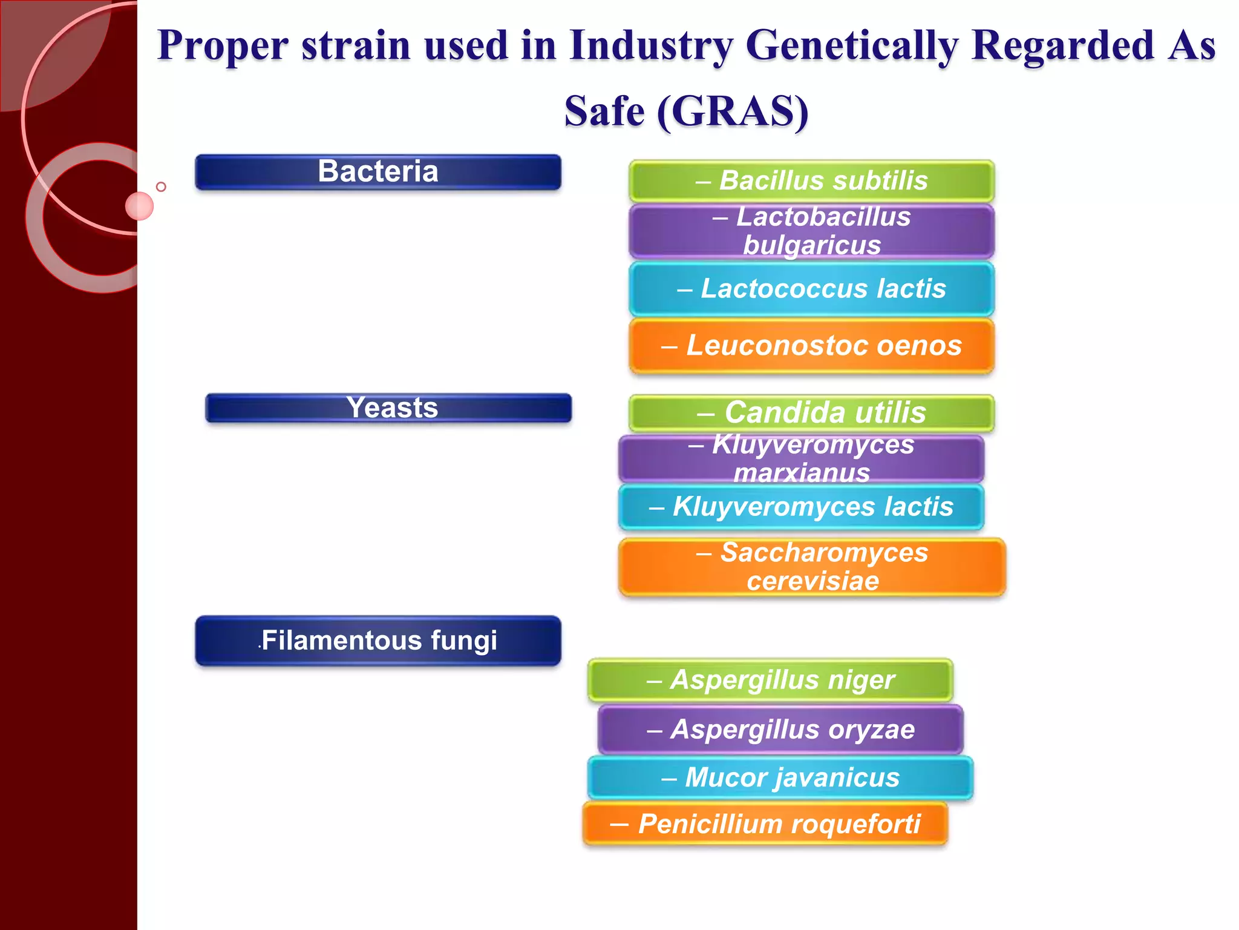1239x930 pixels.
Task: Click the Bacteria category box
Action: (378, 172)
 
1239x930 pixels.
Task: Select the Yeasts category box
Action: (388, 407)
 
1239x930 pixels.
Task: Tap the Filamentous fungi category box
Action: (378, 641)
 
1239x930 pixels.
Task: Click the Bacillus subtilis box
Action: (811, 180)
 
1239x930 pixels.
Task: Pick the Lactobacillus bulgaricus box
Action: (811, 231)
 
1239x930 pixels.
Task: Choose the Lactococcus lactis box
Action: (811, 288)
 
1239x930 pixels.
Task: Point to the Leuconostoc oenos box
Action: (811, 346)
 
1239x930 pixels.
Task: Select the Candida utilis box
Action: (811, 412)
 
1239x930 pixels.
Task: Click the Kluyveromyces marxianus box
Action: (801, 458)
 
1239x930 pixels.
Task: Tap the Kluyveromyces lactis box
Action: (801, 507)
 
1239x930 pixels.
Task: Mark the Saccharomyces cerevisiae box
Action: (812, 567)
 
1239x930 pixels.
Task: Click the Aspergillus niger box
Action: (770, 679)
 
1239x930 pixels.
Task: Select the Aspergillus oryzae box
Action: (780, 729)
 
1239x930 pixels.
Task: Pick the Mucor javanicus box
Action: (780, 777)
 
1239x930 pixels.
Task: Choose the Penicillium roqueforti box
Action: (765, 824)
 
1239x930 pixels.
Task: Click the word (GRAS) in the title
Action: (732, 111)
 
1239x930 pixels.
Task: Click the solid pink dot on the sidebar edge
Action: (139, 206)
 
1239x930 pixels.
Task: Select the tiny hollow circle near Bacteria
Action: (161, 186)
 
